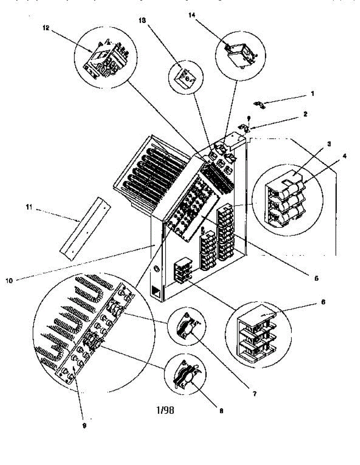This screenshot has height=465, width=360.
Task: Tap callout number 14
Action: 193,15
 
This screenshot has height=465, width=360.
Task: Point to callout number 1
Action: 312,93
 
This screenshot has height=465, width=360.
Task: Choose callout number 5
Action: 316,278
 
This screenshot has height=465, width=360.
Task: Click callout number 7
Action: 254,394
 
